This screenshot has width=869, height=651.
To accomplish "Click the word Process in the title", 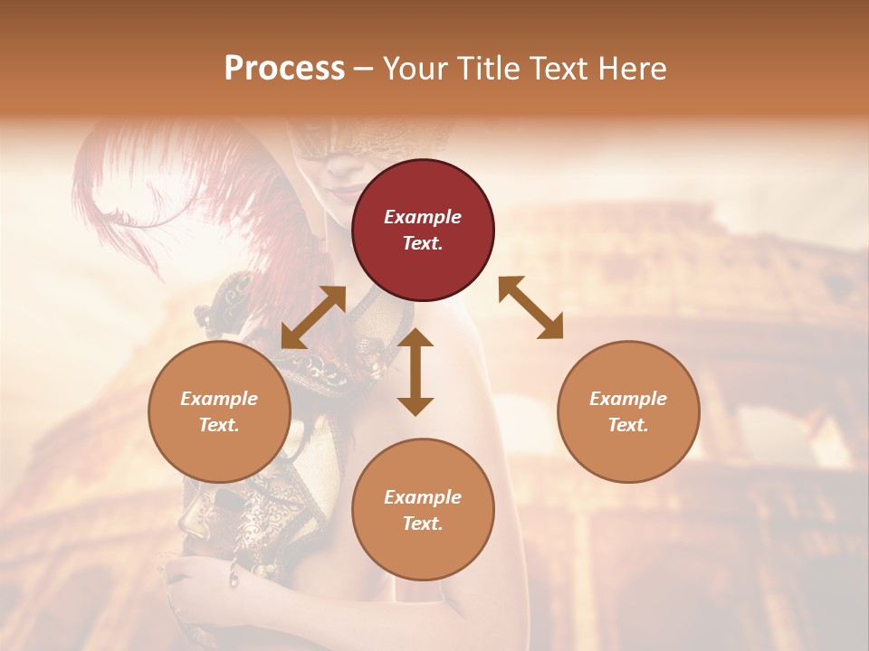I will click(284, 69).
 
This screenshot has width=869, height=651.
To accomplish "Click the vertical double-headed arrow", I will click(415, 372).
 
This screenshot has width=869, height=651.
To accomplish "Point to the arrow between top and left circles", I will click(313, 317).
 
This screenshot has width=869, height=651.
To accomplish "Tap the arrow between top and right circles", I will click(531, 307).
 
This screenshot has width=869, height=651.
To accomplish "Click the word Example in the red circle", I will click(423, 217).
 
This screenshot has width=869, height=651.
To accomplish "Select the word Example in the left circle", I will click(219, 399).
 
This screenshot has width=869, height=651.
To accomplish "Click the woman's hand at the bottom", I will click(195, 579).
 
